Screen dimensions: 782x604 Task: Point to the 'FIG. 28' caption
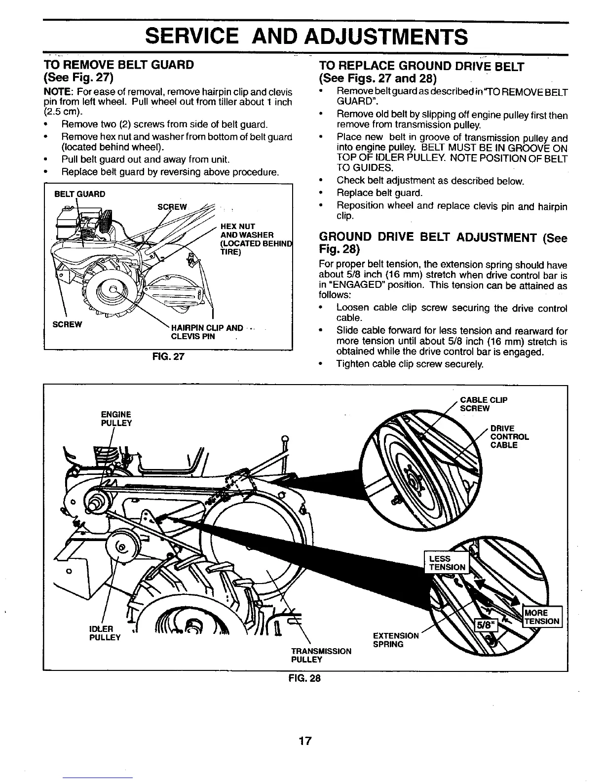pos(304,678)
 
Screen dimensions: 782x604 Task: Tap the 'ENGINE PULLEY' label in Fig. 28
pos(116,419)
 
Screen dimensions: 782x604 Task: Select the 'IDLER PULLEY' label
pos(105,633)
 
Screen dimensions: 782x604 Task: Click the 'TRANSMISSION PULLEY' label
pos(321,655)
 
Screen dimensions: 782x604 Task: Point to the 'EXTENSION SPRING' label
pos(396,640)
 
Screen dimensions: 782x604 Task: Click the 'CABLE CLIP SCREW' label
pos(484,404)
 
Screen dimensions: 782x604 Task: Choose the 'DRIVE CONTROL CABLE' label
pos(509,436)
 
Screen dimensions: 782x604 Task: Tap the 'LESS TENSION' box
pos(447,563)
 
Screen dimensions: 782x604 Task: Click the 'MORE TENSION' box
pos(542,617)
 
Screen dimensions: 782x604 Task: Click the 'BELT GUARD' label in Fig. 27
pos(79,194)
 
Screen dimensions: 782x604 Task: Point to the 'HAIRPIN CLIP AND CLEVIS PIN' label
pos(206,332)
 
